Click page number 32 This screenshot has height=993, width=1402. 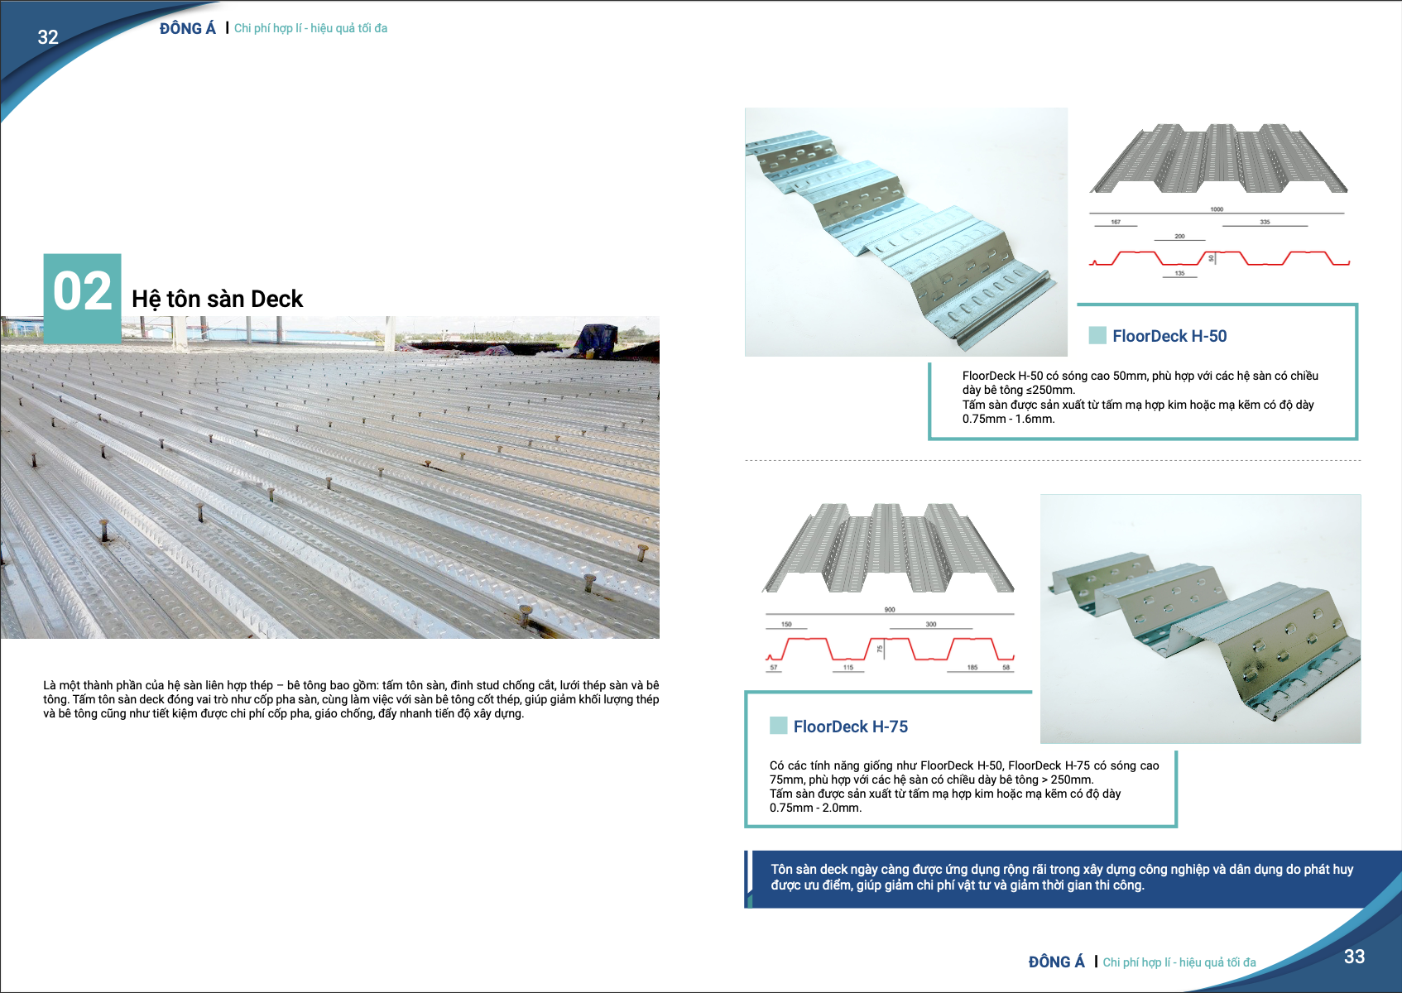(x=48, y=37)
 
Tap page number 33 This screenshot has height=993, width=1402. (x=1354, y=957)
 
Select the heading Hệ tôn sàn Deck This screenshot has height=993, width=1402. (x=217, y=299)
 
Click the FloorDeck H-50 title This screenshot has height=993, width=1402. (x=1169, y=336)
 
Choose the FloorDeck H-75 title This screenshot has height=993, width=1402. (x=850, y=727)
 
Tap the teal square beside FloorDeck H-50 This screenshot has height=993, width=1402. (x=1097, y=335)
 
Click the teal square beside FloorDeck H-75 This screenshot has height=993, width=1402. (x=778, y=726)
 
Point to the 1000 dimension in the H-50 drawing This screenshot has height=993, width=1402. (x=1217, y=209)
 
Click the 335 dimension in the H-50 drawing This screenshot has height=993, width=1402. (x=1265, y=222)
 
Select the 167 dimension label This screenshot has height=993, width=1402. (x=1116, y=222)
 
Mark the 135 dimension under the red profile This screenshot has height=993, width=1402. (x=1179, y=273)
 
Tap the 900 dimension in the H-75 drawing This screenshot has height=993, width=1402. (x=890, y=610)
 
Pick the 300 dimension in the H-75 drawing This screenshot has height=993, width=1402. (x=931, y=625)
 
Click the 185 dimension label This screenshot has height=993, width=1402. (x=972, y=667)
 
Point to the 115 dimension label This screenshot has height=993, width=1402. (x=848, y=667)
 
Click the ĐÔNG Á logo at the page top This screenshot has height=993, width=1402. (x=187, y=29)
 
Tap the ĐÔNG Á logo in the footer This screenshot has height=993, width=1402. (x=1056, y=962)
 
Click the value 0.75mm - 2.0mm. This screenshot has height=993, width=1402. (x=815, y=808)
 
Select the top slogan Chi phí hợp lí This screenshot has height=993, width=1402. (x=310, y=28)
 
